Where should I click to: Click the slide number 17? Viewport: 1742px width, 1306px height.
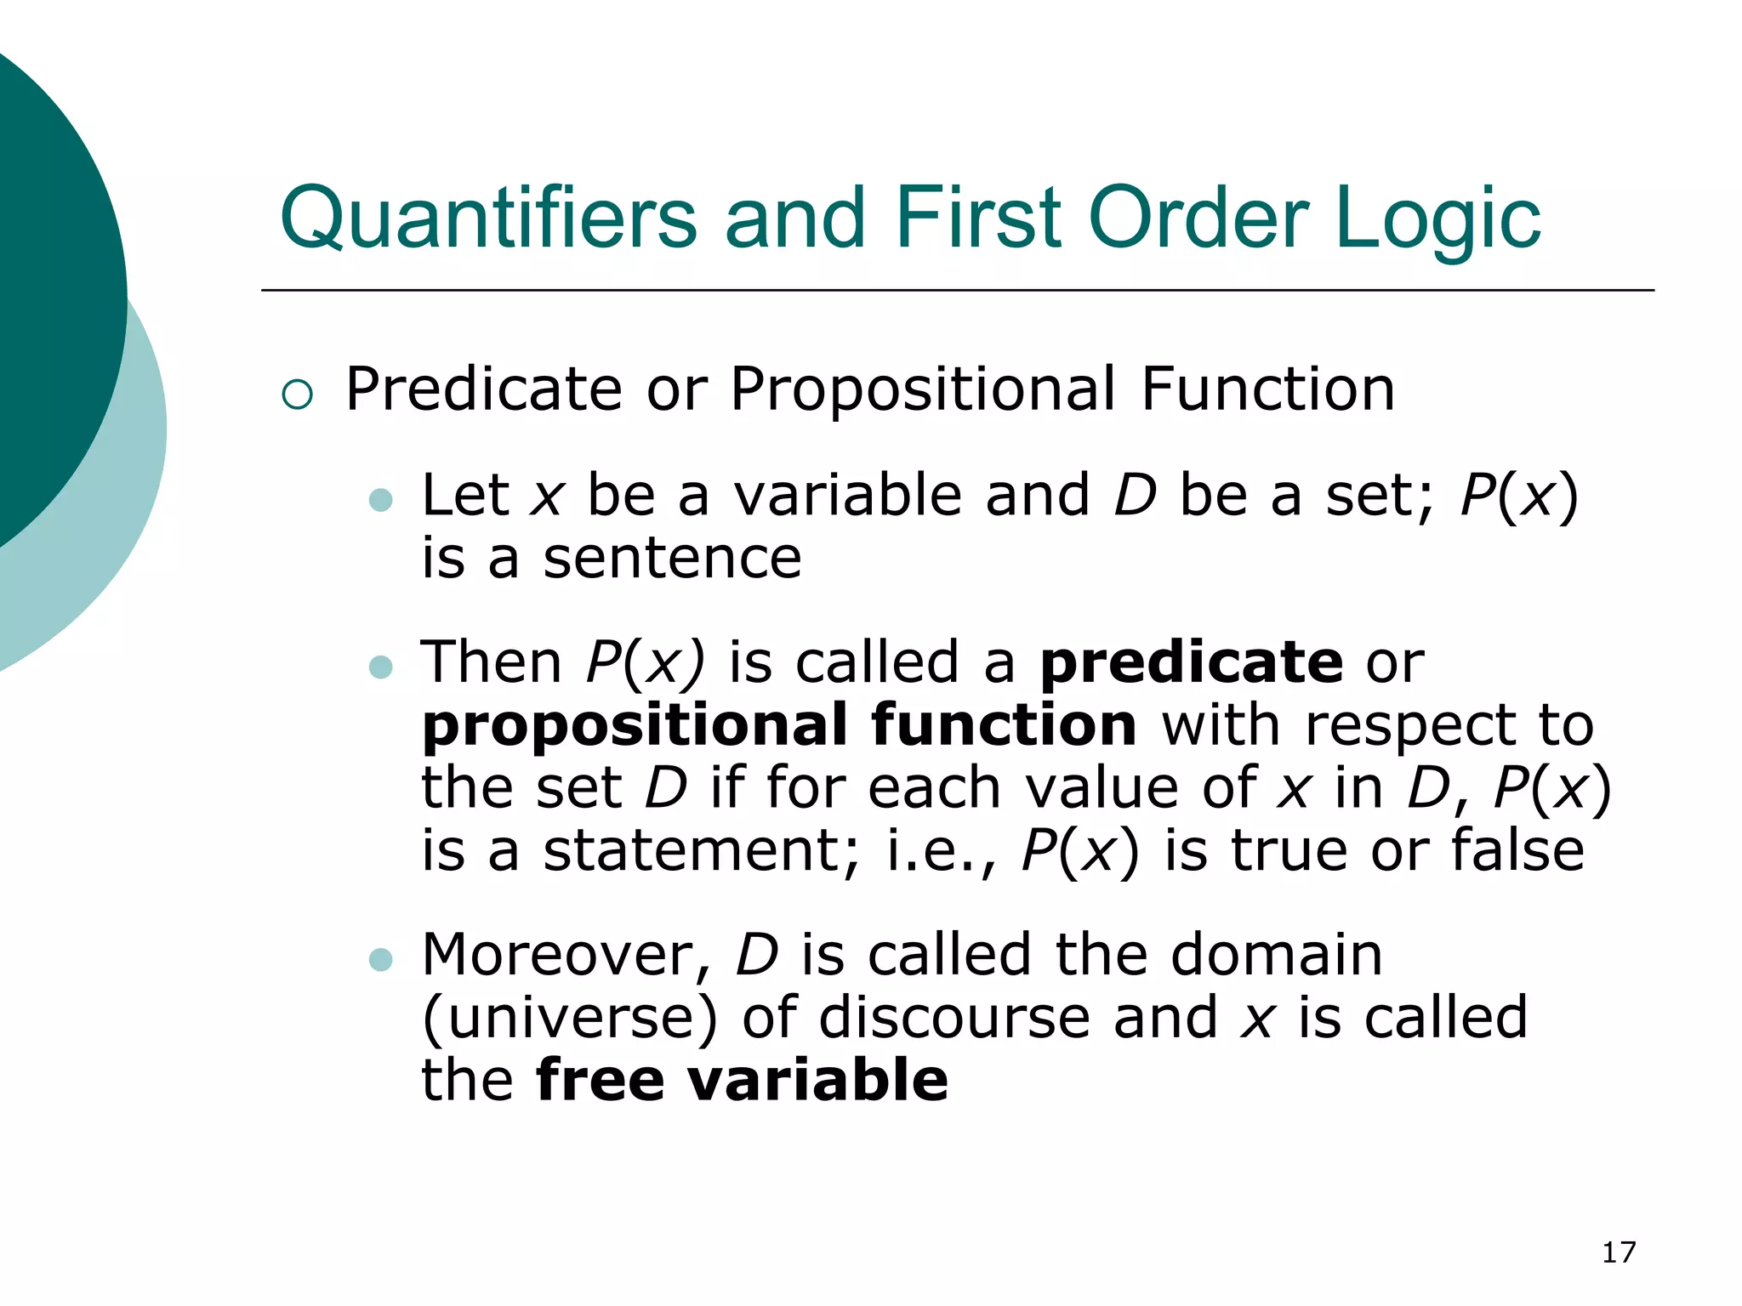[1619, 1252]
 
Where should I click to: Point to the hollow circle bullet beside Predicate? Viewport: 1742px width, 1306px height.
[298, 394]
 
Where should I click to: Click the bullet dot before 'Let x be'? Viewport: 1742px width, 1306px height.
[381, 499]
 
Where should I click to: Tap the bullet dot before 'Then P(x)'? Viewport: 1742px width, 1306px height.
[381, 667]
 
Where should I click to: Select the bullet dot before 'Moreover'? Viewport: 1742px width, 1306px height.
[381, 960]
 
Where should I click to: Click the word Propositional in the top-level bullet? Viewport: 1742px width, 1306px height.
[923, 389]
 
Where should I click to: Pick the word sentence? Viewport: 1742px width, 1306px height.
[672, 559]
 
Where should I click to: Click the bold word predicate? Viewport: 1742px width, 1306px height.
[1192, 663]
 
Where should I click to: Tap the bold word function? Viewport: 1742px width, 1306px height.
[1004, 725]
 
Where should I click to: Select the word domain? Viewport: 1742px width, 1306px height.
[1276, 956]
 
